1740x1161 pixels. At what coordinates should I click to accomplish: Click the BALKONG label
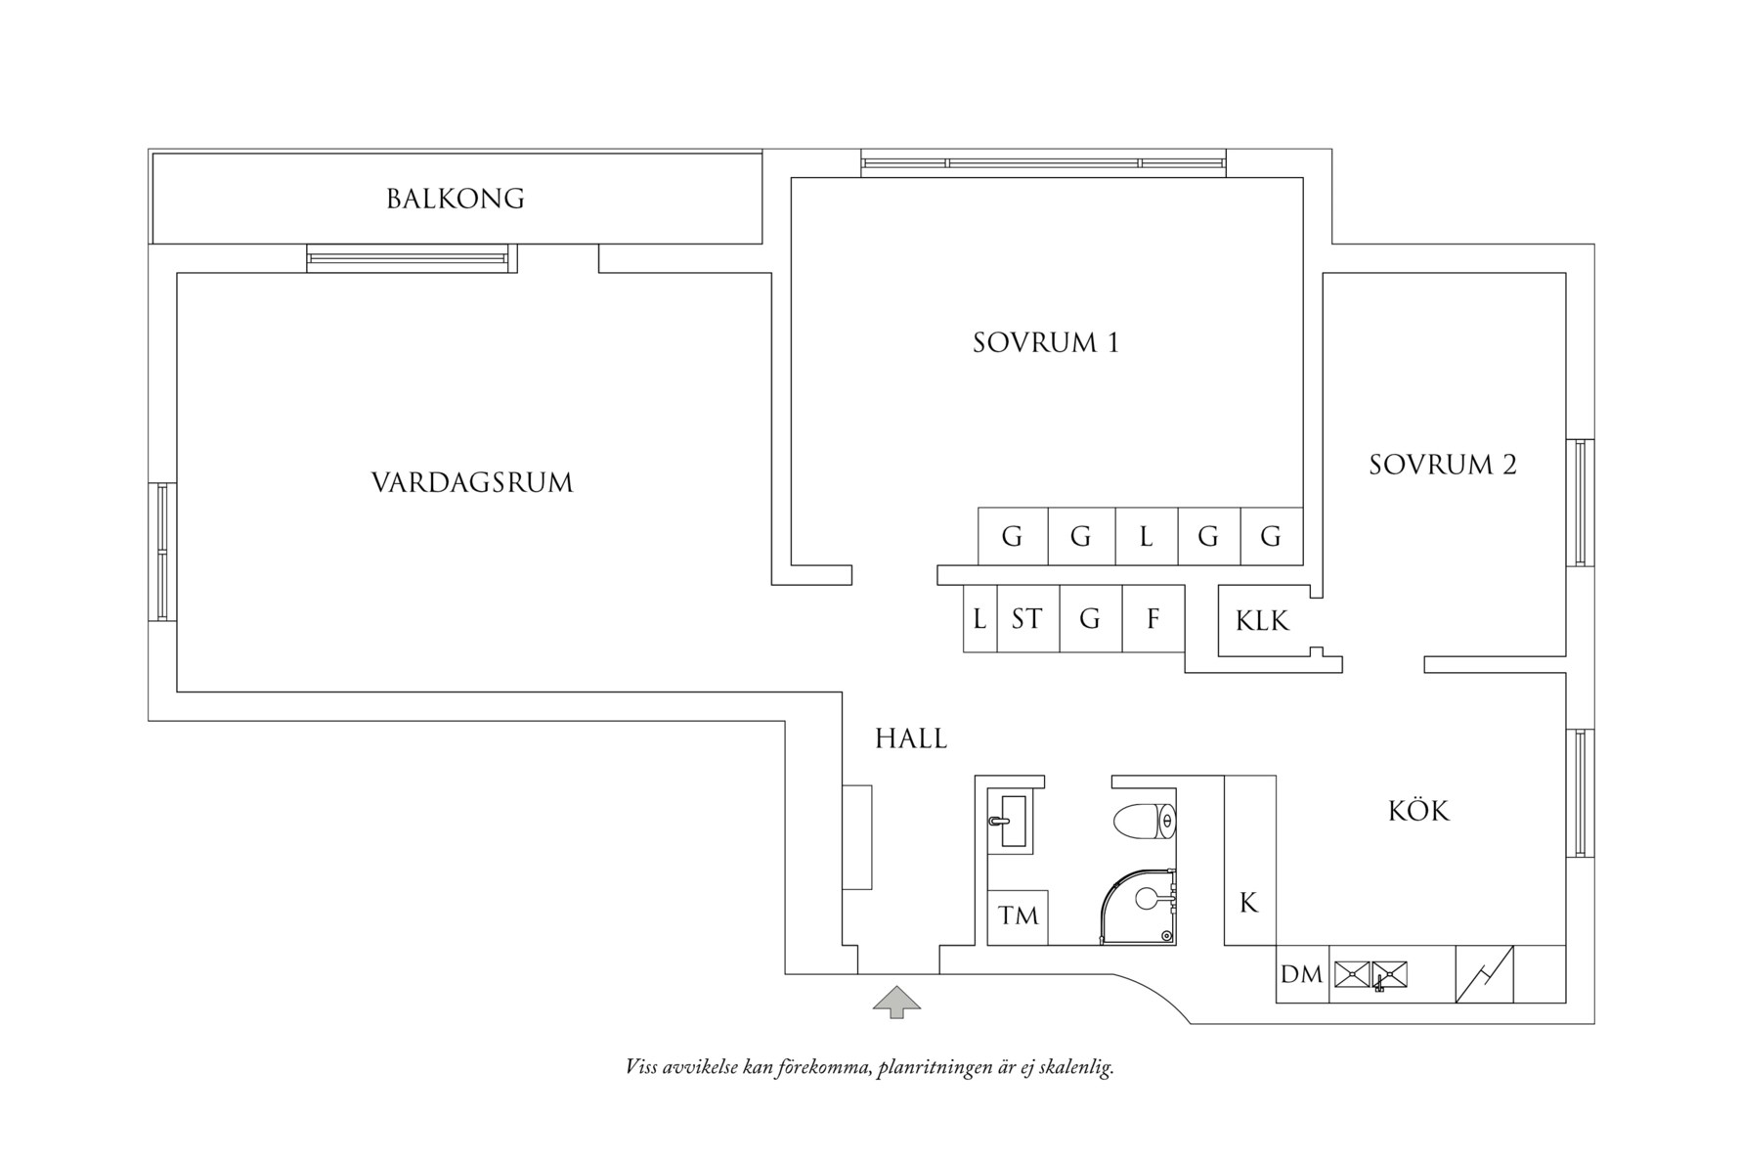coord(455,199)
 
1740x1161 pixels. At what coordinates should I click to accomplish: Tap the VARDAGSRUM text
coord(472,482)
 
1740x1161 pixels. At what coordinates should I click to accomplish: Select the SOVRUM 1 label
coord(1045,342)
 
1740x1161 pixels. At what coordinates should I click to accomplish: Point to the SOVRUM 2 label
coord(1442,465)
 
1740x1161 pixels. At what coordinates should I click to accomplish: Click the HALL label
coord(911,738)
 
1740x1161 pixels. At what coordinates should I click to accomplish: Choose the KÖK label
coord(1418,811)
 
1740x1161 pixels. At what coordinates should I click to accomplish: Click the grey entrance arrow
coord(896,1003)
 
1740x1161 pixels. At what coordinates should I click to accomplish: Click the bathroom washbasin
coord(1009,821)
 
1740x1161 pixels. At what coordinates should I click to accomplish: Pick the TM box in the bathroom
coord(1018,916)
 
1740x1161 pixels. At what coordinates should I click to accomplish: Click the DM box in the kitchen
coord(1301,974)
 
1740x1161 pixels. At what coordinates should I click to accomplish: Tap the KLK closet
coord(1262,620)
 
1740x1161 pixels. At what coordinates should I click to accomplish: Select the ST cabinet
coord(1027,618)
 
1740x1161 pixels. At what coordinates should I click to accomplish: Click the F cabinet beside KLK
coord(1153,618)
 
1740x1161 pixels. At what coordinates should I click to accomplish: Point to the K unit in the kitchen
coord(1249,903)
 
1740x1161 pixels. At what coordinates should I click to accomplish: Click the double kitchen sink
coord(1370,974)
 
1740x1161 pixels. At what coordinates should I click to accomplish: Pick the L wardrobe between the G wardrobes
coord(1146,536)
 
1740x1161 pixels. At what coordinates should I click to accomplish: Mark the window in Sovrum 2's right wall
coord(1580,503)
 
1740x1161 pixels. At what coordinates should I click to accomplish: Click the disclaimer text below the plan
coord(869,1067)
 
